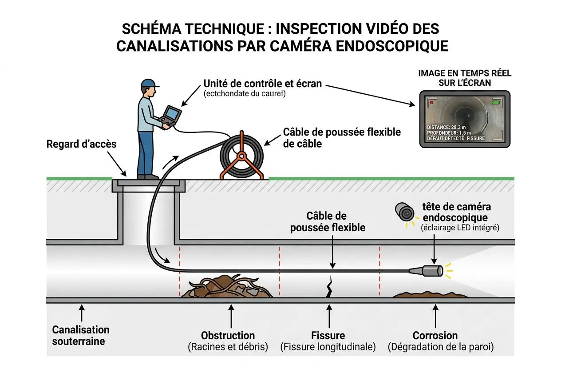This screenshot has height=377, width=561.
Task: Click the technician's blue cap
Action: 149,84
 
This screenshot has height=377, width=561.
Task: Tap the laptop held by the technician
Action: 171,115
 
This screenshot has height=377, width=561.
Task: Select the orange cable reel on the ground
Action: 241,156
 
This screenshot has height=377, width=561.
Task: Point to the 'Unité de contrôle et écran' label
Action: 262,84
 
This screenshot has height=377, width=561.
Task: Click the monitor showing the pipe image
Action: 465,119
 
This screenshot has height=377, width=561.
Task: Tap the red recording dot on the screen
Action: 431,102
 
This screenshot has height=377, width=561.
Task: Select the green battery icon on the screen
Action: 495,103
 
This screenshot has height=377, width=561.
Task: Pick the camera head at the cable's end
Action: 432,270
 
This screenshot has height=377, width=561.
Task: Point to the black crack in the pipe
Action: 329,288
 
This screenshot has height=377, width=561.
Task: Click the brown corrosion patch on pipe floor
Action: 430,294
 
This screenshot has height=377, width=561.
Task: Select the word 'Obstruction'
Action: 228,335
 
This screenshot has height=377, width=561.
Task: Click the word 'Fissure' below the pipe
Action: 328,335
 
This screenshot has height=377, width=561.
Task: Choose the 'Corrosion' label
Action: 435,335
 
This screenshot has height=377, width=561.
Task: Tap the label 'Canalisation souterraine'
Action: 81,335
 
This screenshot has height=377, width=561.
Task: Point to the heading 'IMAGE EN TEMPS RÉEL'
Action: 465,73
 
